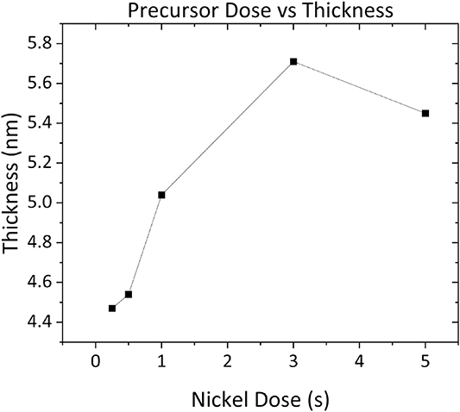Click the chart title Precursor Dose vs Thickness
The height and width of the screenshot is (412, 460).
click(259, 11)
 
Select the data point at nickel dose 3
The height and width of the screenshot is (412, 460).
click(293, 61)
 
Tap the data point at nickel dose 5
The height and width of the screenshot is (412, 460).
click(425, 113)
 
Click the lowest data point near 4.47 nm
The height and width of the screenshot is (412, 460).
click(112, 308)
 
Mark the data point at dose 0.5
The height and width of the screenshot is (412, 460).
click(129, 294)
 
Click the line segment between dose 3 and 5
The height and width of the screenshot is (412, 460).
click(359, 87)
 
